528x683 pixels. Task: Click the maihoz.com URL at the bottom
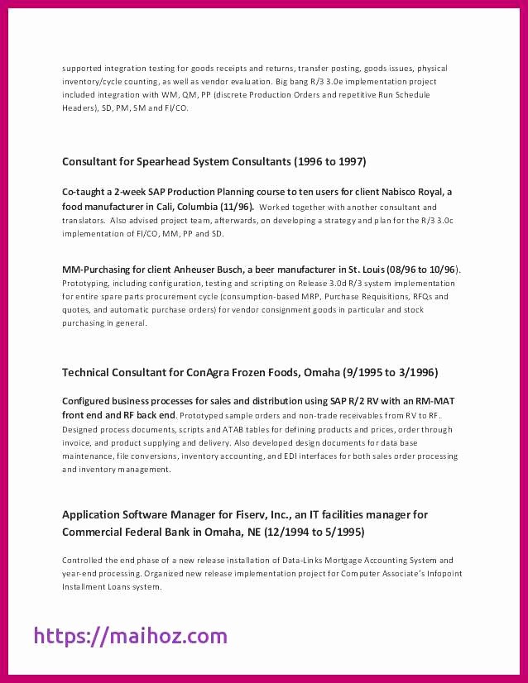point(130,636)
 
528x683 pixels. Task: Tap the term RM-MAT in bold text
point(434,401)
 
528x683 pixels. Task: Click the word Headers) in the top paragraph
point(79,107)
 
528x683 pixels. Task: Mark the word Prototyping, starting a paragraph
point(87,284)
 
